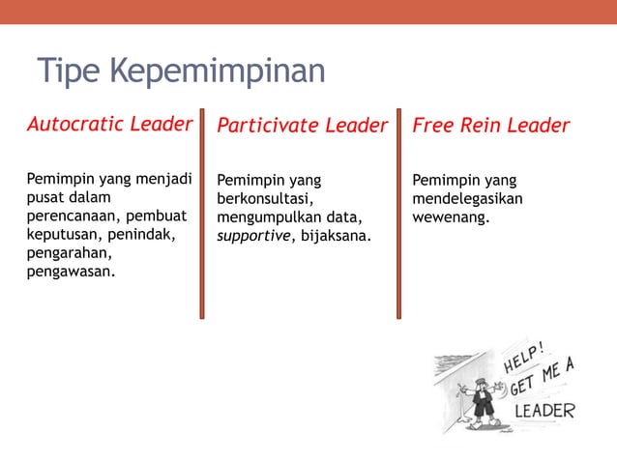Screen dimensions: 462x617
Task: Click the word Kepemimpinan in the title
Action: pyautogui.click(x=216, y=72)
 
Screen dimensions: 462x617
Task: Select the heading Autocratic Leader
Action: pyautogui.click(x=109, y=125)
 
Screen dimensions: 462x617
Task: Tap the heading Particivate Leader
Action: pyautogui.click(x=302, y=126)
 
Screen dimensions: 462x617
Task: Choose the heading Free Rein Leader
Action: pyautogui.click(x=491, y=126)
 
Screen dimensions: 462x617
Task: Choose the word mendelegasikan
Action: pyautogui.click(x=468, y=198)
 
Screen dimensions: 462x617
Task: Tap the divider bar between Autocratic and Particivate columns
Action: pyautogui.click(x=202, y=214)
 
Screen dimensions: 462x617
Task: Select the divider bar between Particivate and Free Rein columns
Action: pyautogui.click(x=397, y=214)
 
